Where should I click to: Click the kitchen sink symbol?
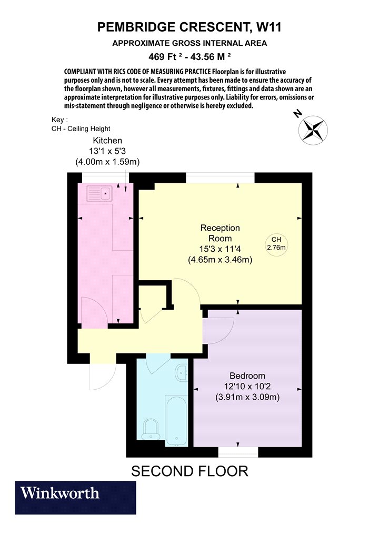coord(99,193)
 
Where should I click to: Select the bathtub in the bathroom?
coord(177,420)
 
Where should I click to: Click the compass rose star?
coord(313,130)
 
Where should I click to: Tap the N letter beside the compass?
coord(298,114)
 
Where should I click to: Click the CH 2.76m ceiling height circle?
coord(276,244)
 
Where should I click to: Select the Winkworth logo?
coord(75,497)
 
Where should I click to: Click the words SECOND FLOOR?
coord(189,471)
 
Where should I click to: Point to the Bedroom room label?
coord(247,376)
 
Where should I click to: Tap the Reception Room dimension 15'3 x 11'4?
coord(220,249)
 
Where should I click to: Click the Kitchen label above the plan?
coord(107,141)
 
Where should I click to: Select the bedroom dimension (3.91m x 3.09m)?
coord(247,397)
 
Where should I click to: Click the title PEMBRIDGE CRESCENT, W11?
coord(189,27)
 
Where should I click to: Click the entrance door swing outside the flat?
coord(103,376)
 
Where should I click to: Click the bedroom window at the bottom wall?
coord(238,452)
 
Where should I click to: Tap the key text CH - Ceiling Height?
coord(81,129)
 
